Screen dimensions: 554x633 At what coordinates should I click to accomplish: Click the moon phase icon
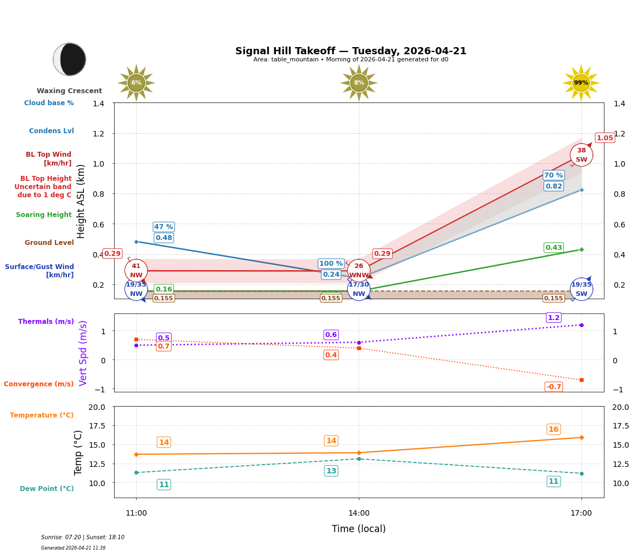pos(70,59)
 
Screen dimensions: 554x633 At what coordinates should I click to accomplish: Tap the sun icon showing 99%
pos(581,83)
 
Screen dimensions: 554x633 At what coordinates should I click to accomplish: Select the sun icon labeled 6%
pos(136,83)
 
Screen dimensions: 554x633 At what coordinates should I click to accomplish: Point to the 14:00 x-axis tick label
pos(359,513)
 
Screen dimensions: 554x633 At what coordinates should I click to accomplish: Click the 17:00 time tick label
pos(581,513)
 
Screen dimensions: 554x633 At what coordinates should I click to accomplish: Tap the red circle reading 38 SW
pos(581,155)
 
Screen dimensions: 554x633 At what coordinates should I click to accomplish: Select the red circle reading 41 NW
pos(136,271)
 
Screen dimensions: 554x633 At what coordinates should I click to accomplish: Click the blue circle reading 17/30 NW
pos(359,289)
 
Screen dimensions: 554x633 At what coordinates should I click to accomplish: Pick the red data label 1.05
pos(604,138)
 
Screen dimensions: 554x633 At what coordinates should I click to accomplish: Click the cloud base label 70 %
pos(553,175)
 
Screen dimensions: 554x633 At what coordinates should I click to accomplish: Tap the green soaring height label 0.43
pos(553,248)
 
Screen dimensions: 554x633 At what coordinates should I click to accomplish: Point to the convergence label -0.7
pos(553,387)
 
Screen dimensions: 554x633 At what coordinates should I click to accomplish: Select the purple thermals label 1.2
pos(553,318)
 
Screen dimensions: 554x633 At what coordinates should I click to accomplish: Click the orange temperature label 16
pos(553,429)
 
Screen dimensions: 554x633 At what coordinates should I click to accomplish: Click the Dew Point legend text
pos(47,489)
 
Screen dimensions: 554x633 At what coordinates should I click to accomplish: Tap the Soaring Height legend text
pos(44,215)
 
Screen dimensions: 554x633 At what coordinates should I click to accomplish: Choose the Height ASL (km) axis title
pos(81,201)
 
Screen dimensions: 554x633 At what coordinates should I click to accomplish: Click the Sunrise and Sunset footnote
pos(83,538)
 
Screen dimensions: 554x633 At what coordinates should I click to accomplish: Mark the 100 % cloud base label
pos(331,264)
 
